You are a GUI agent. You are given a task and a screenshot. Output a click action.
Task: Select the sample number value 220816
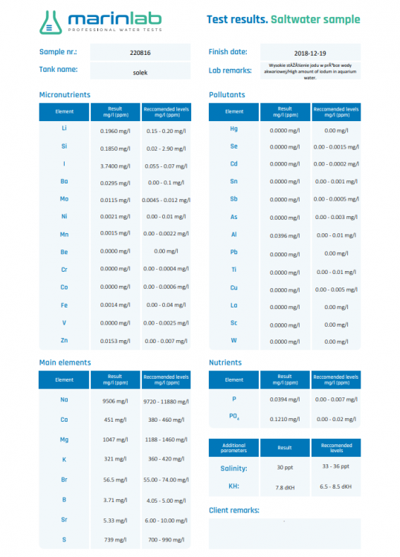pos(139,53)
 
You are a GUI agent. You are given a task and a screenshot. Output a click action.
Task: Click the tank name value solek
pos(139,71)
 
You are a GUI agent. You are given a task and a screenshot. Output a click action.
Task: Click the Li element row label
pos(65,128)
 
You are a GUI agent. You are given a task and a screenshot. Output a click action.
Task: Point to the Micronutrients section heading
pos(65,95)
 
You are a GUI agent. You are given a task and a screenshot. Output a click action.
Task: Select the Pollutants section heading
pos(227,95)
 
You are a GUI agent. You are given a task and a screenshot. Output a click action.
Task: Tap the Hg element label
pos(234,128)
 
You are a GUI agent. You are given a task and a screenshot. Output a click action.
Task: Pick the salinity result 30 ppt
pos(284,468)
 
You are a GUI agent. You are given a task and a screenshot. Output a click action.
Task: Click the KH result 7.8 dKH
pos(284,488)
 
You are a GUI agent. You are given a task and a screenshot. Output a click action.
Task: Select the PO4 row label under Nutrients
pos(234,417)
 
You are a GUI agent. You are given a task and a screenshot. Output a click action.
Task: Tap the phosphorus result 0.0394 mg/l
pos(284,399)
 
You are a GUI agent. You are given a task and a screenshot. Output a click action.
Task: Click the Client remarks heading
pos(234,510)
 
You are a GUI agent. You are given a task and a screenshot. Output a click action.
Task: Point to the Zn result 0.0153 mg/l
pos(114,340)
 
